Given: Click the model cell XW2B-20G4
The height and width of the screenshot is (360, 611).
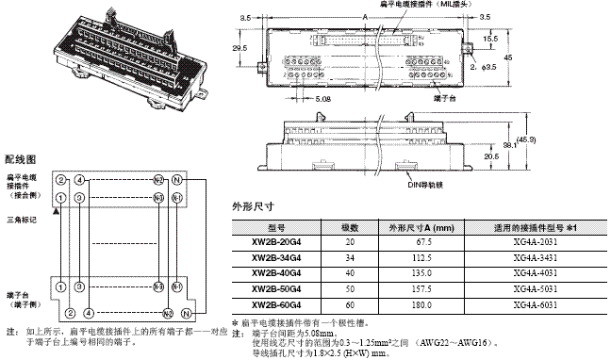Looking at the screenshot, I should (x=272, y=241).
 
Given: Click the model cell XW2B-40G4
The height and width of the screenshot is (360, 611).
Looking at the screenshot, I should (x=272, y=273).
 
